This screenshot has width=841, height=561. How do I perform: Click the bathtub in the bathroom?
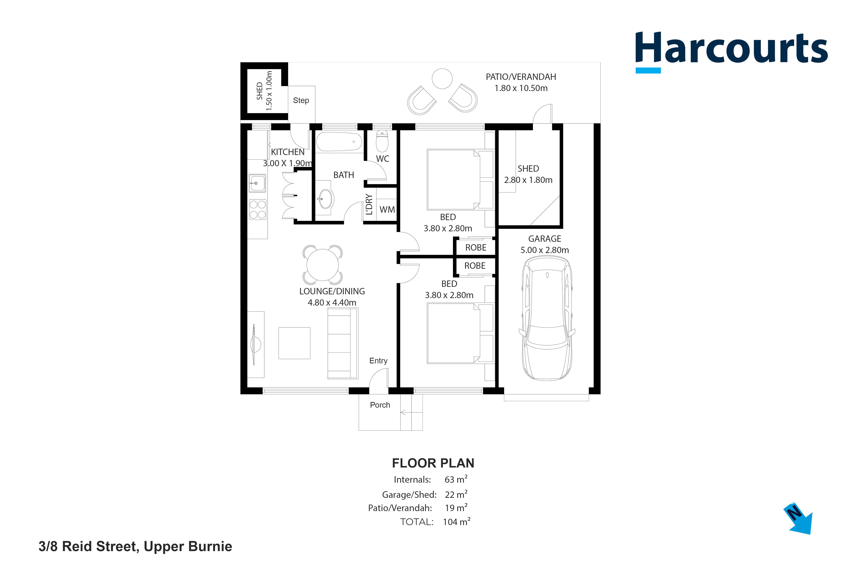click(x=339, y=142)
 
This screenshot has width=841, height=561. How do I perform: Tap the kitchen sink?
click(x=257, y=183)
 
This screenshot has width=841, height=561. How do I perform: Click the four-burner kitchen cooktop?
click(x=258, y=209)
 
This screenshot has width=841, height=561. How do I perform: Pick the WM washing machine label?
click(x=387, y=210)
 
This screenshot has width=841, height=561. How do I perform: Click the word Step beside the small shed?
click(x=301, y=101)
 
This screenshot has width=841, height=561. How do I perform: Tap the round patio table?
click(x=442, y=78)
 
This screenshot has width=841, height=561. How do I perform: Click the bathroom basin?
click(x=326, y=199)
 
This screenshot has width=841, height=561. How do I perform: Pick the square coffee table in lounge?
click(x=294, y=343)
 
